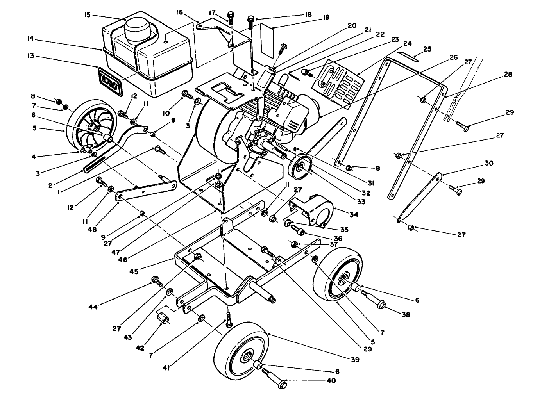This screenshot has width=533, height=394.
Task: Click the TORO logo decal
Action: (x=110, y=81)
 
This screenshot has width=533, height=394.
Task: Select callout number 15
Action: (x=87, y=15)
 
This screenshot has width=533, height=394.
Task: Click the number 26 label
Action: (x=453, y=57)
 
